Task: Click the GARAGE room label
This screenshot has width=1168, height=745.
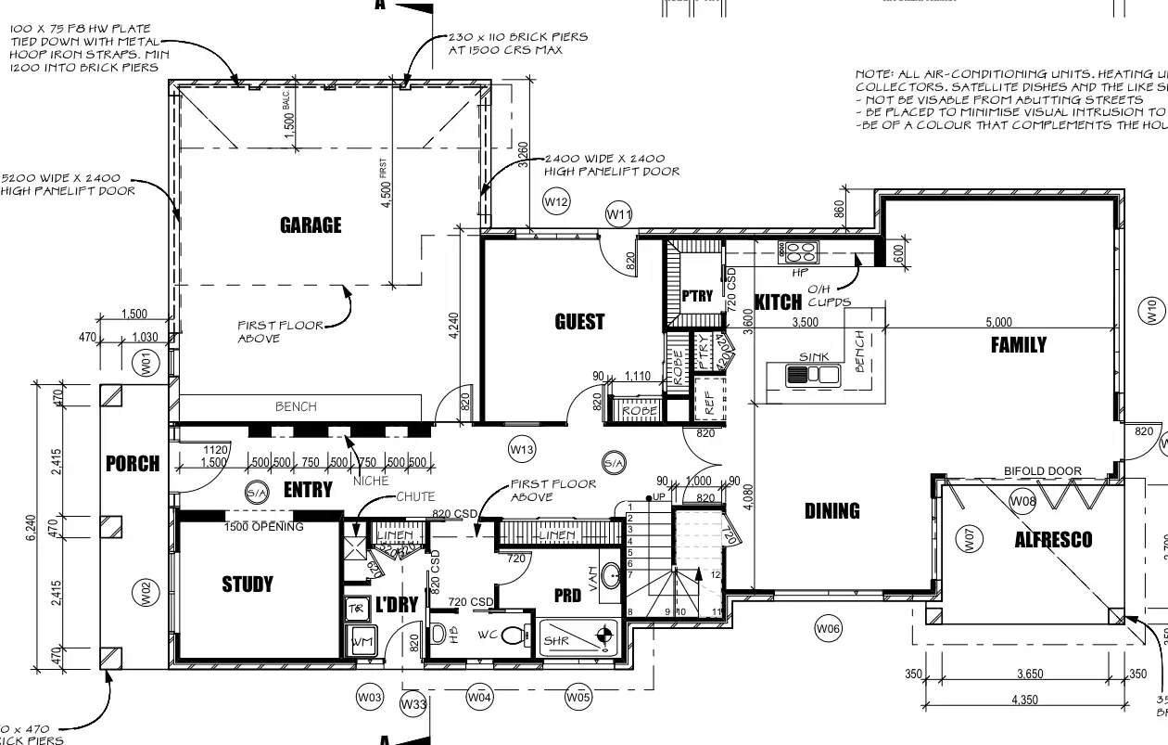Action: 311,225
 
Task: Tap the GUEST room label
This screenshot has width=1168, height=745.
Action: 579,322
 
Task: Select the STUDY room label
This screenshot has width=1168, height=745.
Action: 248,584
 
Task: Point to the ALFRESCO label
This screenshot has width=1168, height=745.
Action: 1053,539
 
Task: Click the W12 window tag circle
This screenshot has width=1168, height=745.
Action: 556,201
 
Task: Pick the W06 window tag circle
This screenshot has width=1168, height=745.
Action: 828,629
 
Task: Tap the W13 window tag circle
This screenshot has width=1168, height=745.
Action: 522,450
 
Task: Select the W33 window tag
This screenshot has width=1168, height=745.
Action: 413,705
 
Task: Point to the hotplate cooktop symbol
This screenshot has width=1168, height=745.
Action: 798,250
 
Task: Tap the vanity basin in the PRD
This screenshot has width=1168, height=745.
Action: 611,576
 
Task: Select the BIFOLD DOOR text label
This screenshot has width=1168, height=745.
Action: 1043,471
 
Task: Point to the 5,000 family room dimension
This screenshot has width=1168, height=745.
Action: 999,322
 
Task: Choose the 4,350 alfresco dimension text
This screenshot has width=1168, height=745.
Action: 1024,700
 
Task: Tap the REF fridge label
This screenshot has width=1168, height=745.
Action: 711,403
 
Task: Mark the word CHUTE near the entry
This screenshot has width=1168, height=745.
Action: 415,497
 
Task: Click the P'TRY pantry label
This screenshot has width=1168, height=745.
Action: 697,297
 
